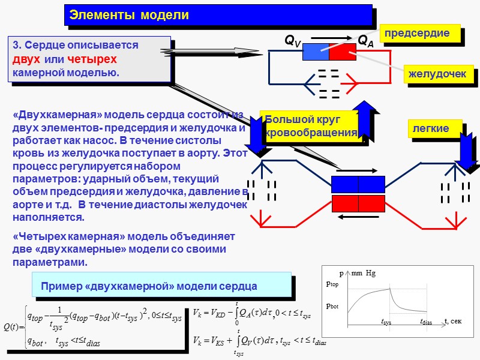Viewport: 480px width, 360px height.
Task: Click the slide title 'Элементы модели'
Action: point(129,15)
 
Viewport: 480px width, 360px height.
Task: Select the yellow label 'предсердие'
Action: point(417,34)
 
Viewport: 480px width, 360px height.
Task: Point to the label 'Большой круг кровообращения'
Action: point(310,125)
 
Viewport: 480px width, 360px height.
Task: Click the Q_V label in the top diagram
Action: point(293,41)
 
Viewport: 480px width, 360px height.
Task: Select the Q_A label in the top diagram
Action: point(366,41)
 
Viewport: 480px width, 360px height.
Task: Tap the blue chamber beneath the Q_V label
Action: point(316,52)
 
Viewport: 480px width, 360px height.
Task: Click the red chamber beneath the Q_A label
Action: point(343,52)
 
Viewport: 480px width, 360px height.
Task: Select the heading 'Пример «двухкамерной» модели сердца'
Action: point(149,286)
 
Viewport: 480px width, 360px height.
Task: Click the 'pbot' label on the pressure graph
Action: point(332,305)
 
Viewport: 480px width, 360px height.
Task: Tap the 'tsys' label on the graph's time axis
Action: point(386,322)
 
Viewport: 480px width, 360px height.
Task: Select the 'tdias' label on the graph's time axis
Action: point(425,322)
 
